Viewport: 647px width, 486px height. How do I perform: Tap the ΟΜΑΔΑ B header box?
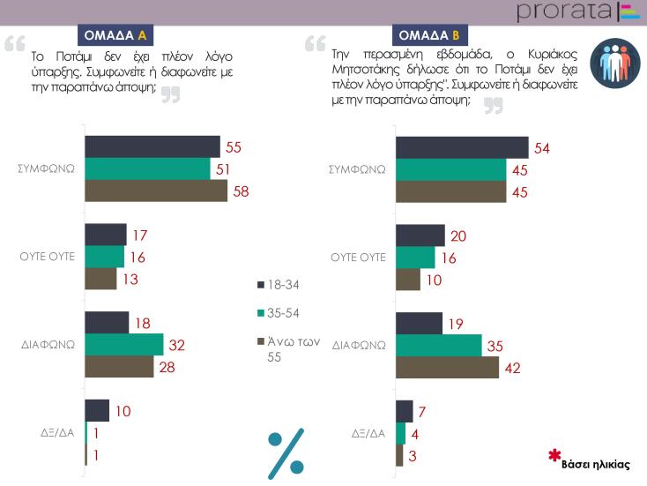(428, 35)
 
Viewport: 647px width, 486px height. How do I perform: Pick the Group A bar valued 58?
(155, 191)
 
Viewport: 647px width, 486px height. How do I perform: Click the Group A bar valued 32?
(123, 344)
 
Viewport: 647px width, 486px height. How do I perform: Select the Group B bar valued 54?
(462, 148)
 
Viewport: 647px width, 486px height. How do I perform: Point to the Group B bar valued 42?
(447, 368)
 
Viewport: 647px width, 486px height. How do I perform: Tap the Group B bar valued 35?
(438, 346)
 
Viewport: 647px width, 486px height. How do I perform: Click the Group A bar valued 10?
(97, 410)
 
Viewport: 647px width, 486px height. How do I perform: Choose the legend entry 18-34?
(279, 284)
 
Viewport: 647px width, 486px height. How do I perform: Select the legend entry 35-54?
(279, 313)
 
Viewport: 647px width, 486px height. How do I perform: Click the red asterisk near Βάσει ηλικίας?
(554, 455)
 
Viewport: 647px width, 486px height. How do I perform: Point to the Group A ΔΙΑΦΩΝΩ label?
(48, 344)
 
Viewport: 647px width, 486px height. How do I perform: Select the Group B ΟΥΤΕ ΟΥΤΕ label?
(359, 258)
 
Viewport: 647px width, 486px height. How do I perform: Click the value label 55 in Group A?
(234, 146)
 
